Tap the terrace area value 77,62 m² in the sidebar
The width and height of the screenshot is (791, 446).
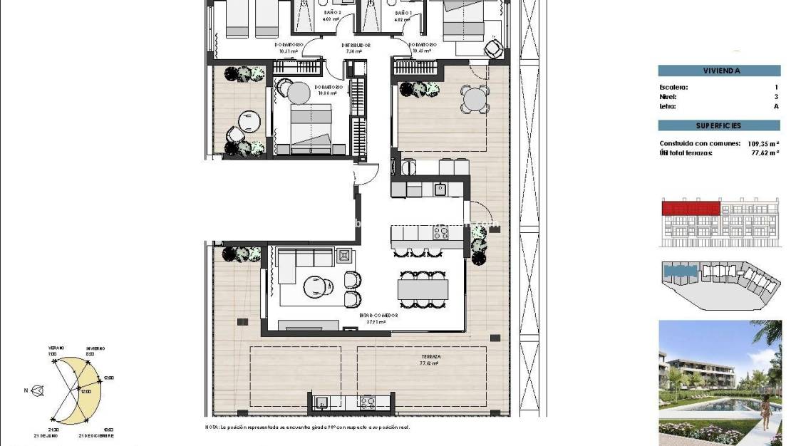tap(762, 152)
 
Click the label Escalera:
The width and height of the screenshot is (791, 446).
tap(674, 88)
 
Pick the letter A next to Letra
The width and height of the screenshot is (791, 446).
tap(776, 106)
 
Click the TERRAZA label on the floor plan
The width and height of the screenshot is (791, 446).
tap(430, 356)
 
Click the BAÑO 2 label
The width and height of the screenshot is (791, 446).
tap(332, 13)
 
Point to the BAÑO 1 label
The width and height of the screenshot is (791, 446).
tap(403, 13)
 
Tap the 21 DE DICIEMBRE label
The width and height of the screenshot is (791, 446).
tap(97, 435)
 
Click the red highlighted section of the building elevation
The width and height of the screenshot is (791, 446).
tap(690, 207)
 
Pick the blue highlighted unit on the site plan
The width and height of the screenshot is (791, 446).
tap(680, 270)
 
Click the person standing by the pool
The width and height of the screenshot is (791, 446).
tap(766, 411)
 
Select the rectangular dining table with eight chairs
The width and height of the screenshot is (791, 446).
tap(423, 289)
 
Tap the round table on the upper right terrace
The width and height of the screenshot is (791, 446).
tap(475, 99)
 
